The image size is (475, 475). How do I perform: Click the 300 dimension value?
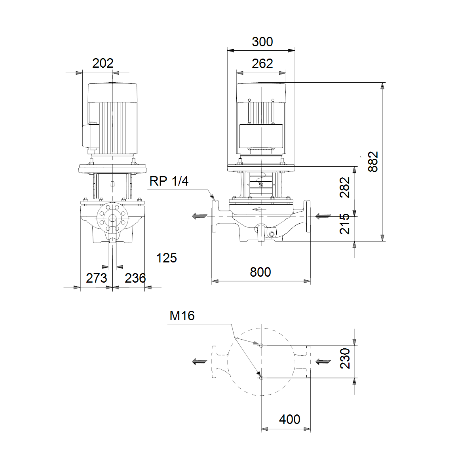262,42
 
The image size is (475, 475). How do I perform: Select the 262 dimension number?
262,64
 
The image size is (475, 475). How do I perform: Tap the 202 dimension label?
103,63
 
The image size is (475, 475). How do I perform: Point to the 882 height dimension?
373,161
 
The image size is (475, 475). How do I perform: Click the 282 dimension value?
345,187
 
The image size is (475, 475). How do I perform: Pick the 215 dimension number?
345,224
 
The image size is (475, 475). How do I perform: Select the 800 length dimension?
260,272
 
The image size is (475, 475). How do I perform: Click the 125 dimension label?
166,258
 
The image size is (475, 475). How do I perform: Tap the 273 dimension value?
96,278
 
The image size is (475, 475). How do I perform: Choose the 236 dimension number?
135,278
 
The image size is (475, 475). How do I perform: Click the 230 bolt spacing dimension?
345,358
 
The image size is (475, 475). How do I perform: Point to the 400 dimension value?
289,419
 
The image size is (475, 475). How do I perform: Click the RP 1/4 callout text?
169,181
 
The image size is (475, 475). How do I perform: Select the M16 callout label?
182,316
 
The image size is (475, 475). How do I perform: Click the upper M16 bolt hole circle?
261,346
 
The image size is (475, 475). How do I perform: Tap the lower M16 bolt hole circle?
261,378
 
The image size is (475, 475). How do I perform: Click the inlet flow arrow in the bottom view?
323,362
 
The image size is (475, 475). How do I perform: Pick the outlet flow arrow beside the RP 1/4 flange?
199,217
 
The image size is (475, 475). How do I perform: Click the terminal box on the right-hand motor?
261,136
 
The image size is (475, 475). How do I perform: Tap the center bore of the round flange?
112,218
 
